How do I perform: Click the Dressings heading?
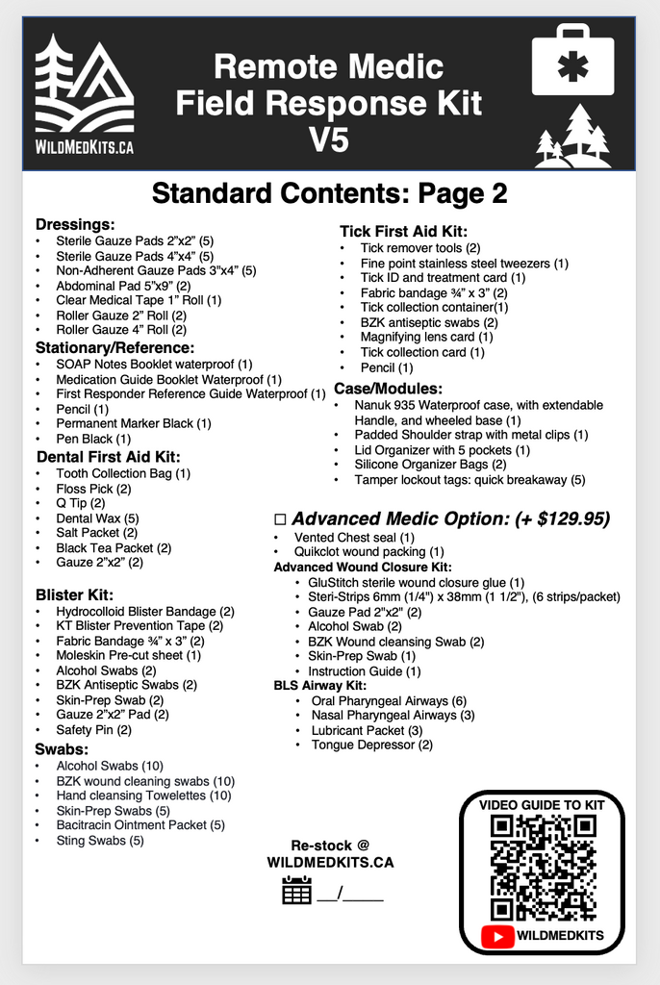click(75, 224)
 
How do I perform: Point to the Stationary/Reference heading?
click(114, 347)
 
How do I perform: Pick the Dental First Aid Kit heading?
click(108, 456)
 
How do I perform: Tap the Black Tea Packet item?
click(114, 547)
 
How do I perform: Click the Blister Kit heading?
click(74, 594)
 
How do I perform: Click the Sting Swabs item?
click(100, 841)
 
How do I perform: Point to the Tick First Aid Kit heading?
click(403, 231)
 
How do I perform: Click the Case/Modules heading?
click(388, 388)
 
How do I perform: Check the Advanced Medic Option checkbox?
click(281, 519)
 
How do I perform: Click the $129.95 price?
click(572, 518)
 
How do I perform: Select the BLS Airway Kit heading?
click(319, 685)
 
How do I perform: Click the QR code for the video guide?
click(542, 866)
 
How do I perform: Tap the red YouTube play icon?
click(499, 935)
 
